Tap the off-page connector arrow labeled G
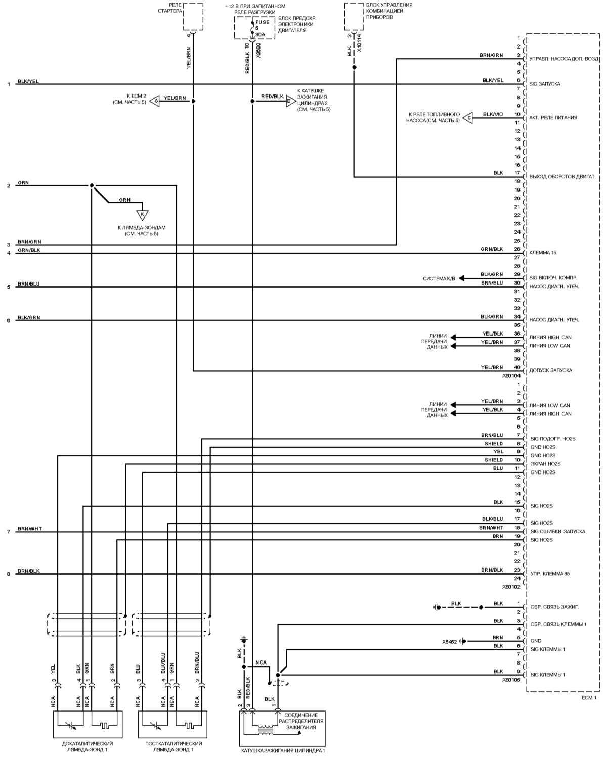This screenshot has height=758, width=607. click(156, 101)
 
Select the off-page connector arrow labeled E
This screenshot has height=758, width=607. click(289, 101)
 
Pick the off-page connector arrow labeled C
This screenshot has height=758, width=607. click(468, 118)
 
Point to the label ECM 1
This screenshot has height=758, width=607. click(589, 698)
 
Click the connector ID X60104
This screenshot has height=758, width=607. click(511, 376)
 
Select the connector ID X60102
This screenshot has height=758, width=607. click(511, 587)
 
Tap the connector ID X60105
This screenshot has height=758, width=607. click(511, 680)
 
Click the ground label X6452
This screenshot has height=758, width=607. click(449, 641)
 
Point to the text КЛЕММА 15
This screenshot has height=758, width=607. click(543, 253)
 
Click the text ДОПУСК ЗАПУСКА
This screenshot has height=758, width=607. click(550, 370)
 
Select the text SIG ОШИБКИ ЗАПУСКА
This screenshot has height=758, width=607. click(557, 531)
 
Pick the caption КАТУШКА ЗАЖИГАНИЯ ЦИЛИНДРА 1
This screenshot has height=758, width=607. click(283, 751)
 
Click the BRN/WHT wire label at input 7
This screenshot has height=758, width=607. click(30, 529)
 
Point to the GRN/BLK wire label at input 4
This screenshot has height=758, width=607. click(29, 250)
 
